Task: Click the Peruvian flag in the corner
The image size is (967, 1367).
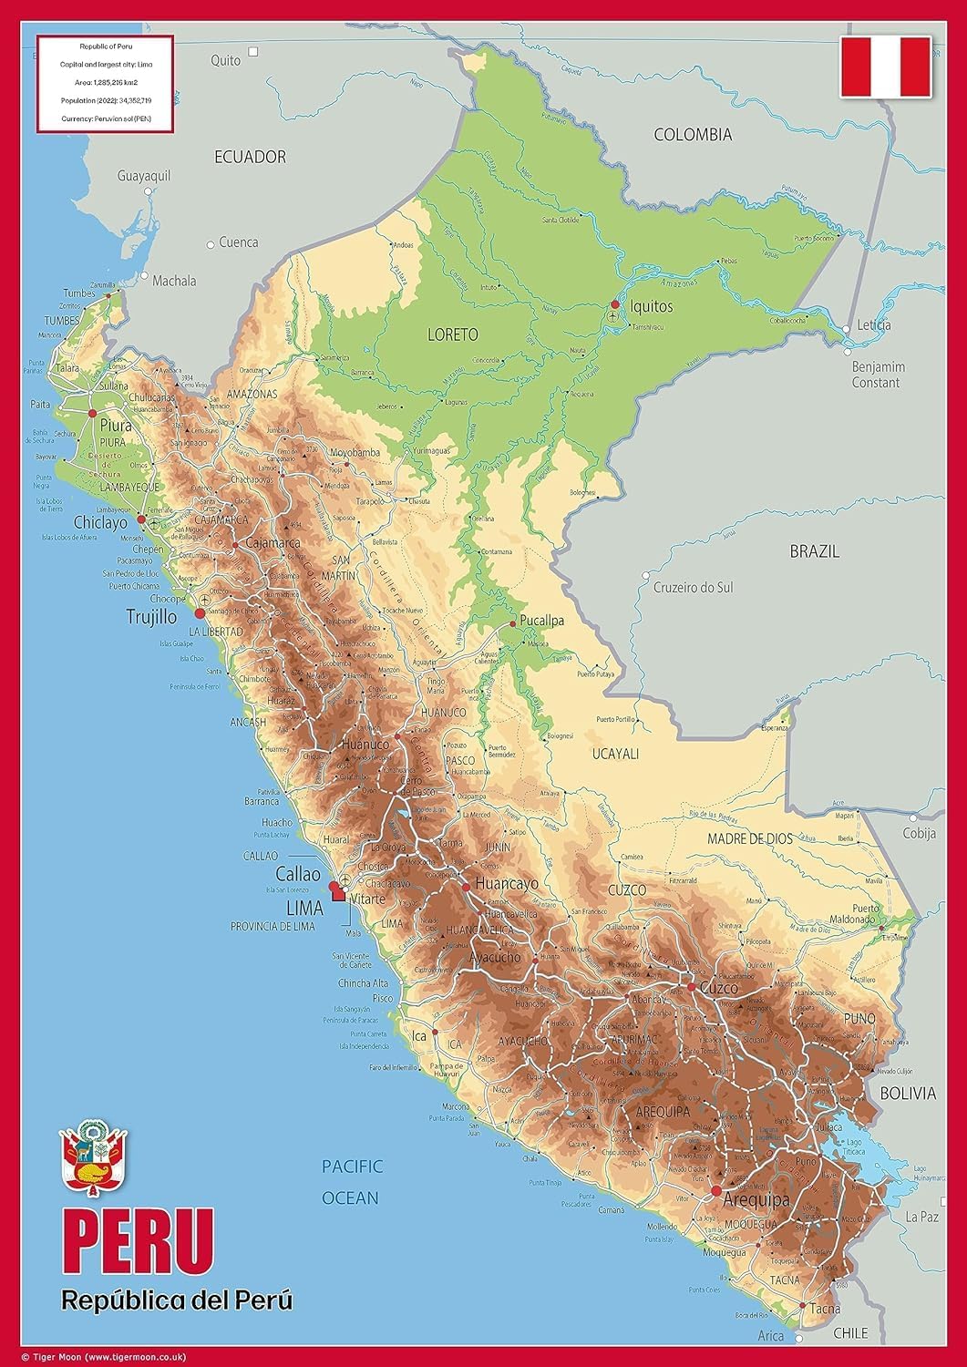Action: click(x=885, y=67)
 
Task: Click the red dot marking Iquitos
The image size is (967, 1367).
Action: click(x=615, y=303)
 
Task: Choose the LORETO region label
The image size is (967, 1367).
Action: click(x=452, y=334)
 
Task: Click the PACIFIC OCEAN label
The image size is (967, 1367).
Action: click(x=352, y=1182)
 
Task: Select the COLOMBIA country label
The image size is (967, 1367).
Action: click(x=693, y=135)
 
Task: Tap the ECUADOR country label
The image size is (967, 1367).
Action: click(x=250, y=157)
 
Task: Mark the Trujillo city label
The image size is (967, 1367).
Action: click(x=151, y=617)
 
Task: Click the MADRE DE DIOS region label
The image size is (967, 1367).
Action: click(x=750, y=839)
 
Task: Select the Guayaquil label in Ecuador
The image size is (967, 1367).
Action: click(x=144, y=176)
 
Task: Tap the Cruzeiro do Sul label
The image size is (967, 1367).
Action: click(x=693, y=588)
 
